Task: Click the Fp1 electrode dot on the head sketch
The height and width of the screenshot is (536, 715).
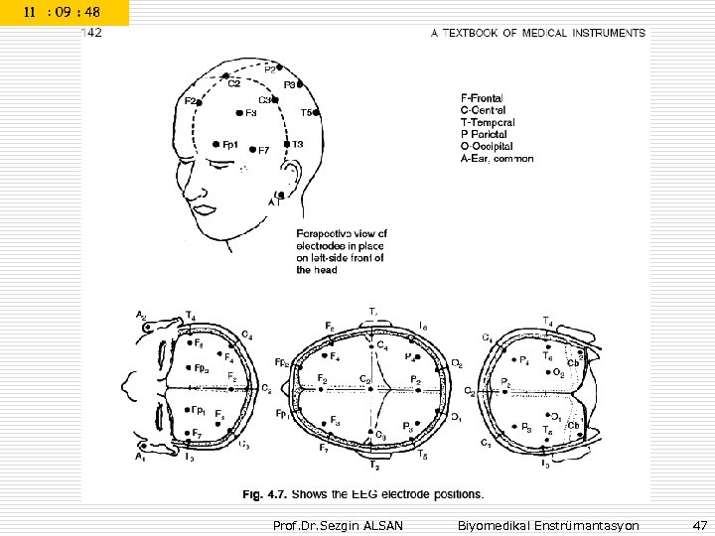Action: click(x=216, y=144)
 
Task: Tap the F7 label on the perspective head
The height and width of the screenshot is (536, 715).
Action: click(x=263, y=151)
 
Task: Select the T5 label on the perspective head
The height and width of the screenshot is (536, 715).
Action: click(x=308, y=113)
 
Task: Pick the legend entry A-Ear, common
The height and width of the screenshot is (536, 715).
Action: click(x=498, y=158)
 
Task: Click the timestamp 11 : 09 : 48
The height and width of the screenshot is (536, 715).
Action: click(x=65, y=13)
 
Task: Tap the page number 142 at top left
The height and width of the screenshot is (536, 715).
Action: click(x=91, y=33)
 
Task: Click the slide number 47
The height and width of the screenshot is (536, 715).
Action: click(x=700, y=524)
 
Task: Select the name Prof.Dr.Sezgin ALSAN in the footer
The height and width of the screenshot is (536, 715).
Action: click(x=338, y=524)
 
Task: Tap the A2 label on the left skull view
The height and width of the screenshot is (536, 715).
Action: click(x=142, y=316)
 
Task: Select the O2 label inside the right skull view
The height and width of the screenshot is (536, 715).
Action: click(x=558, y=374)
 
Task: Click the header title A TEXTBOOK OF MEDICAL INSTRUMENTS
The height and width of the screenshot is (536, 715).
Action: click(x=537, y=33)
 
